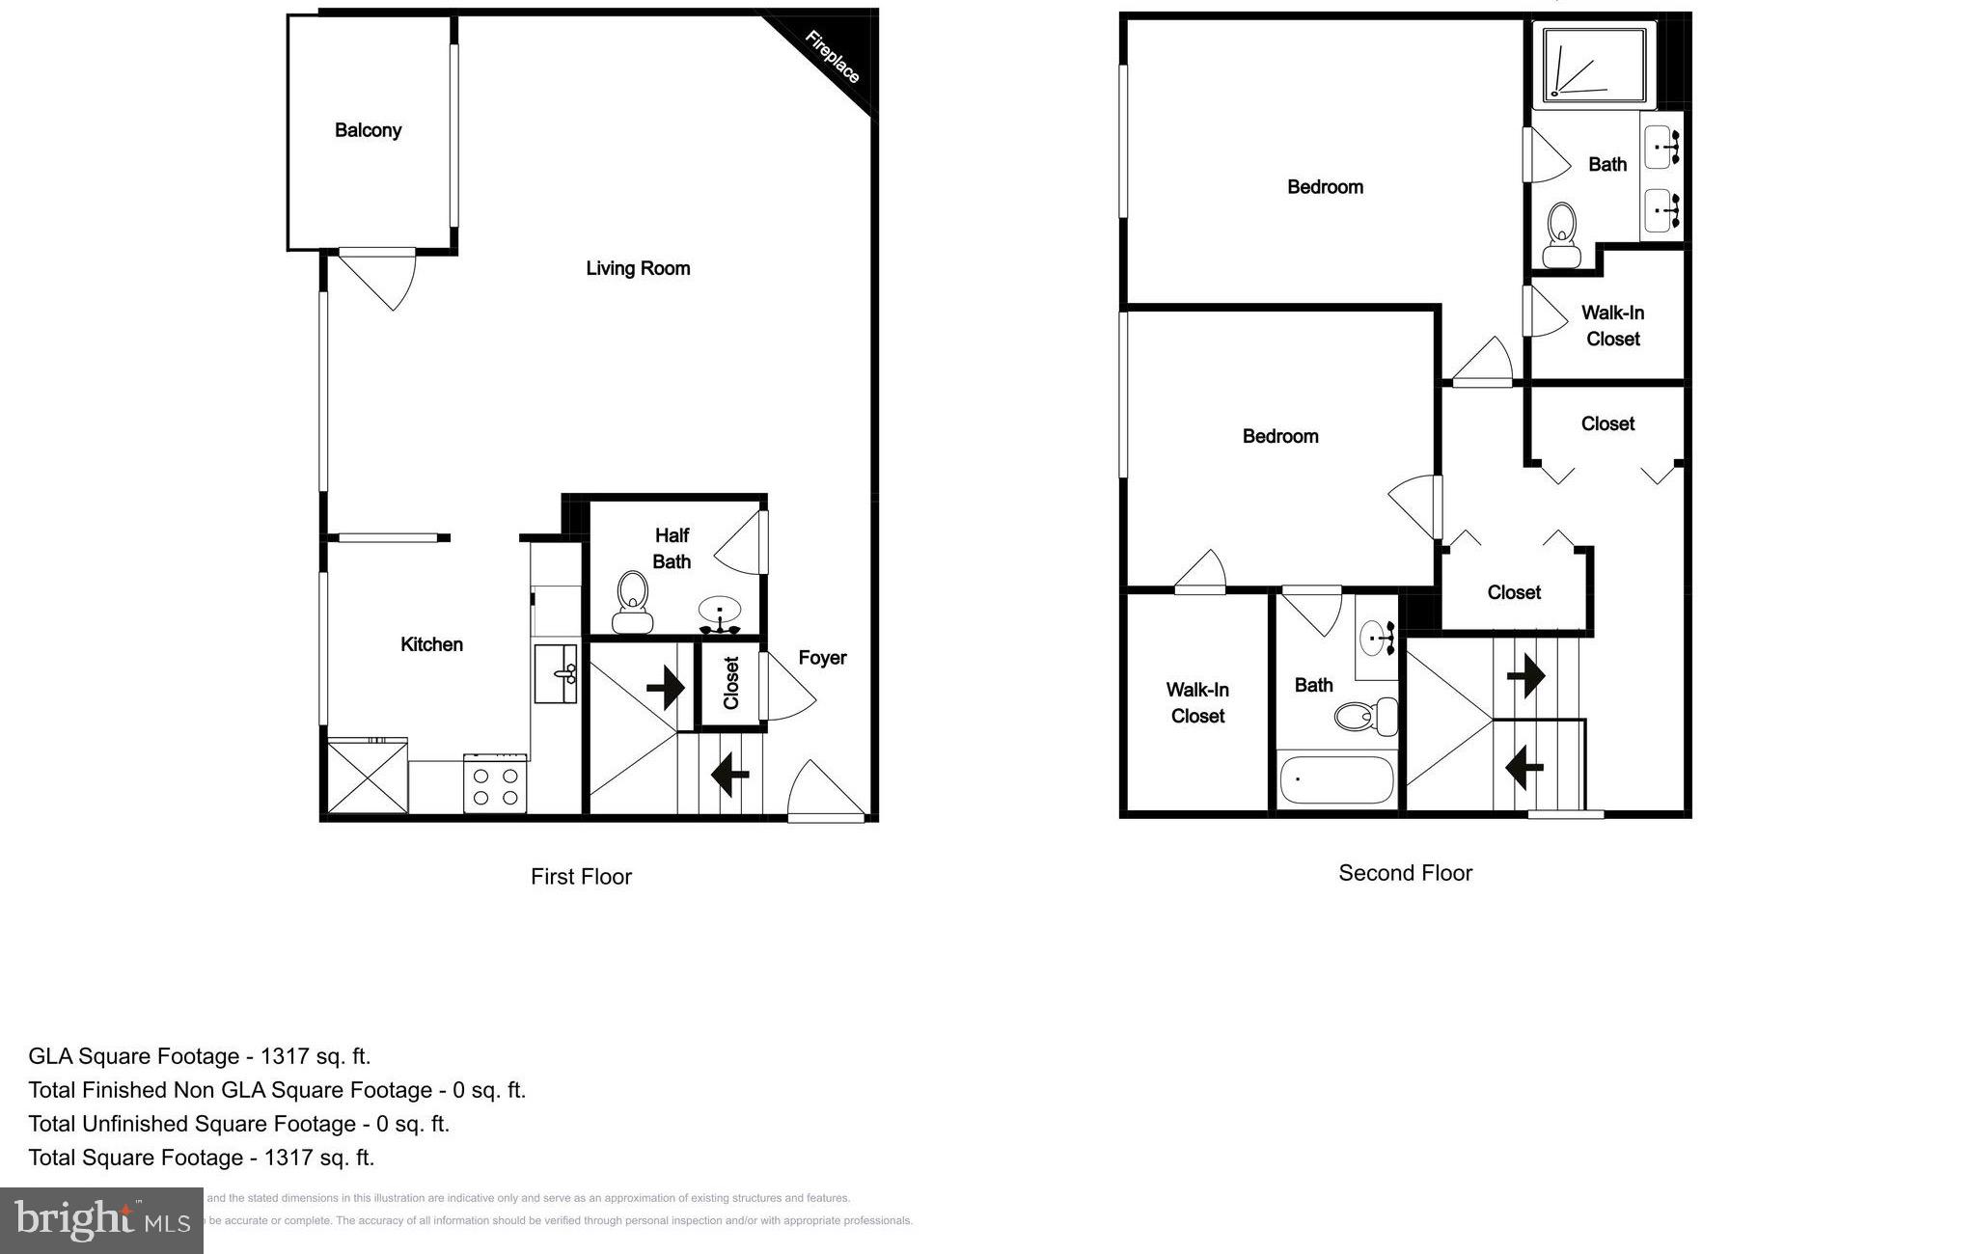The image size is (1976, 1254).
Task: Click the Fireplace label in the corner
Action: coord(832,58)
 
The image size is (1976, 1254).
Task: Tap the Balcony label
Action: coord(368,130)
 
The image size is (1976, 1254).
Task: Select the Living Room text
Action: coord(638,268)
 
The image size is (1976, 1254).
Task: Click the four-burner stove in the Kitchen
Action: coord(495,783)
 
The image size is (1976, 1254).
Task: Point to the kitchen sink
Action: coord(556,673)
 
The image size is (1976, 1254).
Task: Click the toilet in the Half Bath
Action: coord(632,601)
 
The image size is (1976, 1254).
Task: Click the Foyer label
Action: coord(822,658)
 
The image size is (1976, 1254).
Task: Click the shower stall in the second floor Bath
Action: coord(1594,65)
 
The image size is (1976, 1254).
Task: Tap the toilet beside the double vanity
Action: coord(1560,234)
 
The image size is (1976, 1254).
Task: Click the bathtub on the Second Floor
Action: coord(1336,779)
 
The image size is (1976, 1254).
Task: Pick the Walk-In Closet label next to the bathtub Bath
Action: coord(1196,702)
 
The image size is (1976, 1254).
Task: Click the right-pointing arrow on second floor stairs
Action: coord(1526,675)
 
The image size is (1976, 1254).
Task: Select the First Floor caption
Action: coord(581,877)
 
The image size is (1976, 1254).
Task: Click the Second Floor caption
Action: coord(1405,873)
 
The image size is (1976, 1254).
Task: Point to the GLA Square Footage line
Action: coord(200,1056)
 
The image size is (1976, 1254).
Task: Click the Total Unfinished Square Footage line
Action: coord(239,1124)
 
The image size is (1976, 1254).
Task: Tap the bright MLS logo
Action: coord(101,1220)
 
